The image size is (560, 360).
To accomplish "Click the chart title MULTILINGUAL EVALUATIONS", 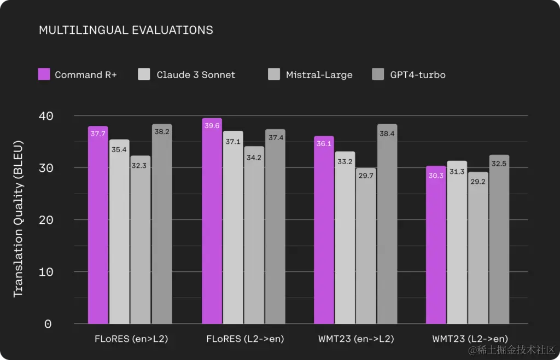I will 126,30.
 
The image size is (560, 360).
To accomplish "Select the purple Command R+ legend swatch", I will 44,74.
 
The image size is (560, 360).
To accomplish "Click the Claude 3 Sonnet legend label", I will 196,75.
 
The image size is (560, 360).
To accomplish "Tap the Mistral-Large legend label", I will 319,75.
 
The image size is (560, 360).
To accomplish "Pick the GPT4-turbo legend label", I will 418,75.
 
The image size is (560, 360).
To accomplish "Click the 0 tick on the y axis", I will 48,324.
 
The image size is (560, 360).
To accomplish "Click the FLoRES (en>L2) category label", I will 131,339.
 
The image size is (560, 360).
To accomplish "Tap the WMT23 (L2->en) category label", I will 470,339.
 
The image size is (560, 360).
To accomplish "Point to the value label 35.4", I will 119,149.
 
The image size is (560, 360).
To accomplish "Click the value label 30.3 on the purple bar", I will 436,176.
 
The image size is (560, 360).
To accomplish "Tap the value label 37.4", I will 276,138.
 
